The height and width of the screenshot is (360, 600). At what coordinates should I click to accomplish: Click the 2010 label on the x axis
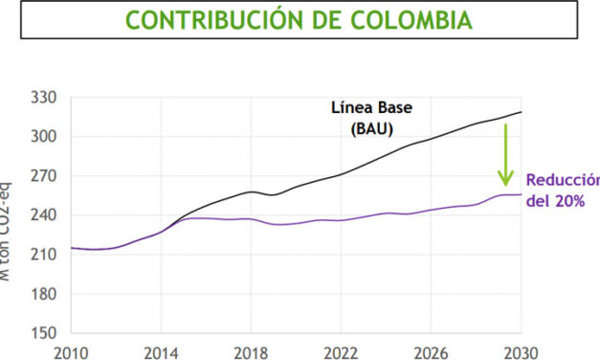pos(74,350)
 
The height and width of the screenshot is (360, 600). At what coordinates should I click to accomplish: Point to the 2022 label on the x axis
pos(342,350)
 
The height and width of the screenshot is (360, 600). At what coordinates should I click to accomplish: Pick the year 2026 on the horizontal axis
pos(431,350)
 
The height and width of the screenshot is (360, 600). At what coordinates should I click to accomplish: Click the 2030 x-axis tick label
pos(520,350)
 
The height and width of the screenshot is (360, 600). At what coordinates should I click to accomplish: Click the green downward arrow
pos(504,153)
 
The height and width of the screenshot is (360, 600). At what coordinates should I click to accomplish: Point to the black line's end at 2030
pos(520,113)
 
